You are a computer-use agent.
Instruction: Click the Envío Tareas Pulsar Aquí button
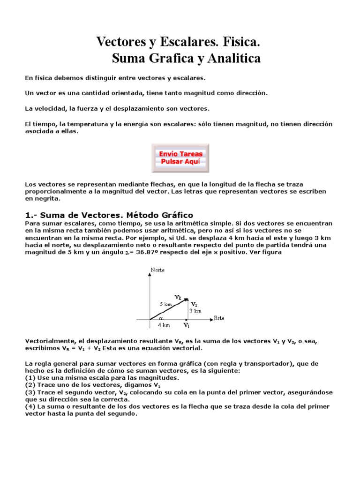(181, 157)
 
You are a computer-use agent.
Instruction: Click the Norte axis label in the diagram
(158, 270)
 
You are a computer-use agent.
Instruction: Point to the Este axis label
(219, 318)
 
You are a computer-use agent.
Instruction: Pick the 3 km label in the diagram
(196, 311)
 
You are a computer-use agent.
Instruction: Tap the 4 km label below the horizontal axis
(164, 325)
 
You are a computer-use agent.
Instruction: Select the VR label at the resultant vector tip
(178, 297)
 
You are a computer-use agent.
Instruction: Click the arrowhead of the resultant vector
(186, 300)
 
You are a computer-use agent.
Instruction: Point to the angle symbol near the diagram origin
(160, 317)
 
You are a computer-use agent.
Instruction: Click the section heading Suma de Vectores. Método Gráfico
(109, 215)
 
